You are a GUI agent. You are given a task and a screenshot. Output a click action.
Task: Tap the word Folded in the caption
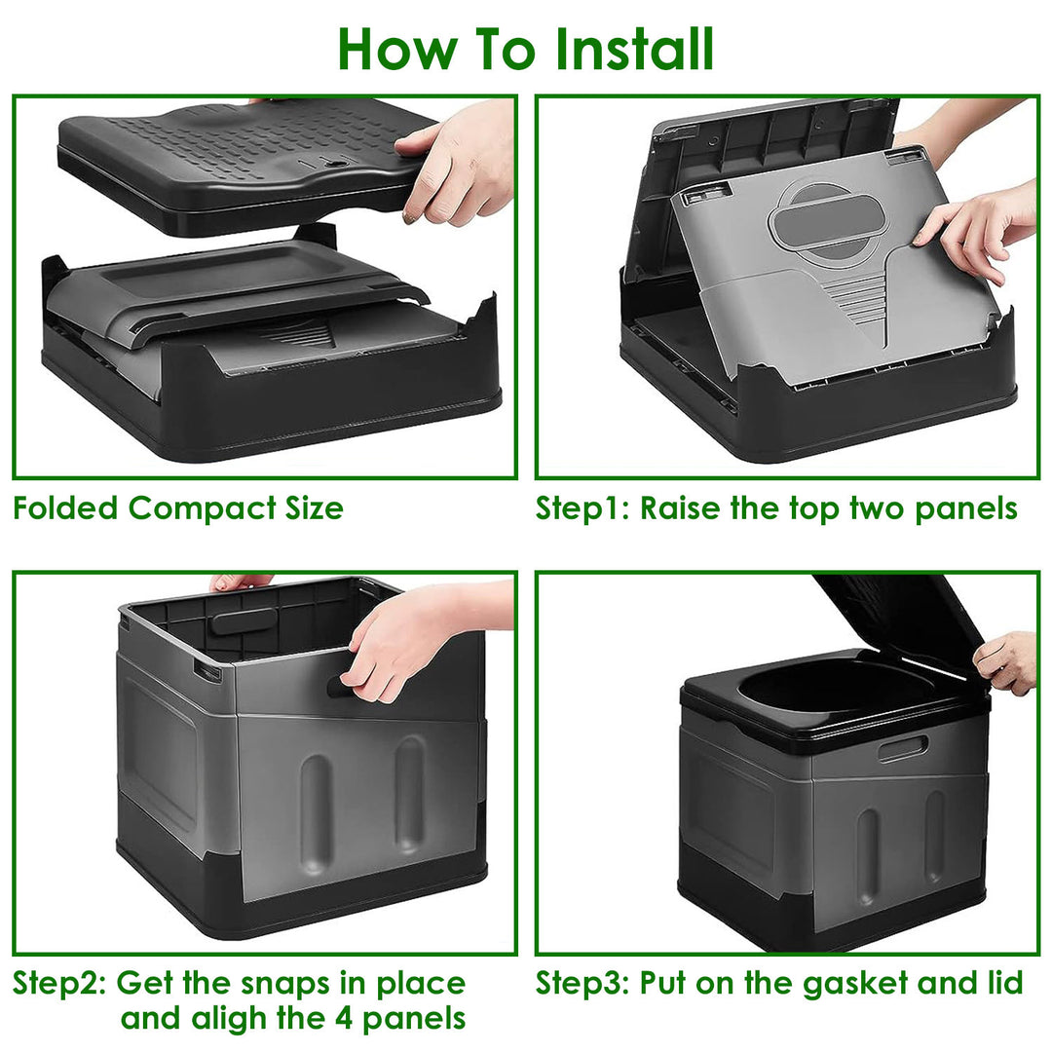point(65,508)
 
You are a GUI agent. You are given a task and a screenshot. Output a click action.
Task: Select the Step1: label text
point(582,508)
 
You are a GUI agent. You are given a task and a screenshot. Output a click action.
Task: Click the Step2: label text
point(59,983)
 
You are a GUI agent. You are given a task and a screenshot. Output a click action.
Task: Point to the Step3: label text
point(582,983)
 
